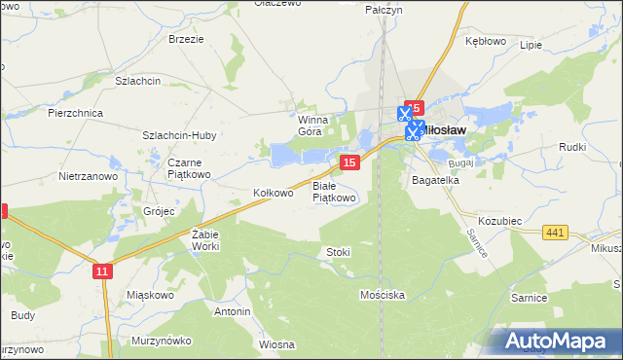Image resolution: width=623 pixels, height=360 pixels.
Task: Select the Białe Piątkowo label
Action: (334, 191)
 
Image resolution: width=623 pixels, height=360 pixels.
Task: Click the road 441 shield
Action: (556, 232)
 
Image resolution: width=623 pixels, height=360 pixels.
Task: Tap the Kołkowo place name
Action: (273, 193)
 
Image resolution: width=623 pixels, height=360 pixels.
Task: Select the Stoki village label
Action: (338, 252)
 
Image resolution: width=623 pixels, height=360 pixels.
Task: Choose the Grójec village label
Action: (158, 210)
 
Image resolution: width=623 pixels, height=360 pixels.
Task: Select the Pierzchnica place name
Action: (75, 113)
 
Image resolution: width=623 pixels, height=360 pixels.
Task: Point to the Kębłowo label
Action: (486, 42)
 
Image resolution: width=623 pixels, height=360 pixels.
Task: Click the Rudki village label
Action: (571, 147)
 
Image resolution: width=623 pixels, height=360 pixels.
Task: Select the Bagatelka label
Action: (435, 181)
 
